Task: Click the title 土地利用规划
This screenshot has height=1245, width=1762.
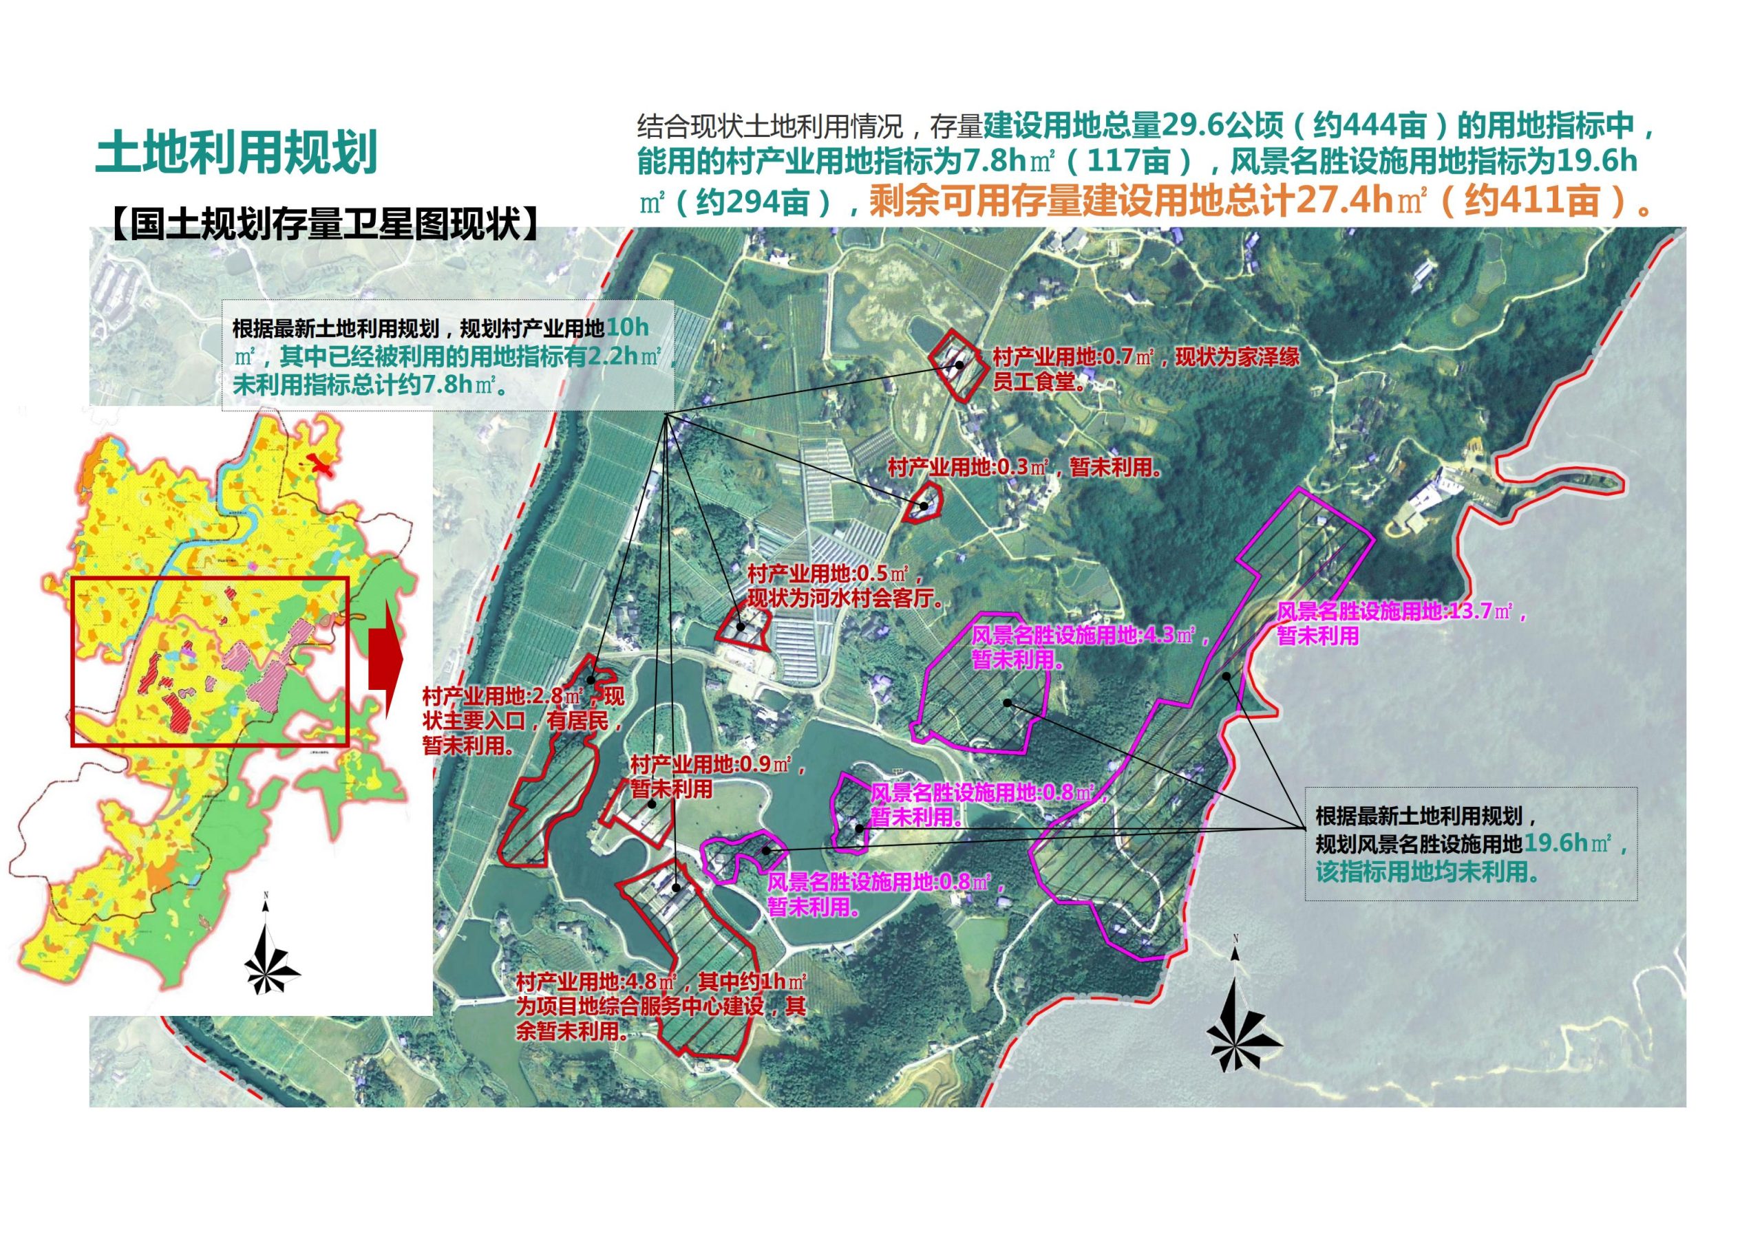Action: [236, 152]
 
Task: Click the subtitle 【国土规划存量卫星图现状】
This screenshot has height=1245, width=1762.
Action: [326, 224]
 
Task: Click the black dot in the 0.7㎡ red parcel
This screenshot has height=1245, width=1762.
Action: [959, 365]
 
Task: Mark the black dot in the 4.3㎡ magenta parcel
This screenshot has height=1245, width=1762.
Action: [1006, 703]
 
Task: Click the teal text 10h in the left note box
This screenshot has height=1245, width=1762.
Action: [628, 327]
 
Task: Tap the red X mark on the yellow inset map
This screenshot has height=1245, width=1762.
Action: [319, 464]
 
